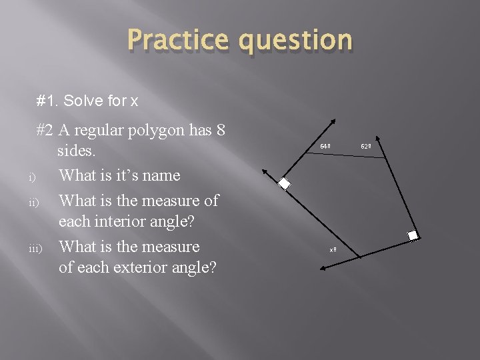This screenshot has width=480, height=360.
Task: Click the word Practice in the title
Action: [x=175, y=40]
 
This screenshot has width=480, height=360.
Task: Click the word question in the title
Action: [x=293, y=41]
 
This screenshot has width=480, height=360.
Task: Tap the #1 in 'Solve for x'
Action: [x=46, y=101]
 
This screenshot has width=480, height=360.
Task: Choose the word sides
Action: [x=78, y=151]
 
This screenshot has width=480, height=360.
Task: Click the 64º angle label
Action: [x=325, y=146]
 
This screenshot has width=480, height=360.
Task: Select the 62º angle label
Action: [x=366, y=146]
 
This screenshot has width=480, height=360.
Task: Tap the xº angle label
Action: [x=333, y=250]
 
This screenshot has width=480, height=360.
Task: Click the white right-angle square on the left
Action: [x=285, y=184]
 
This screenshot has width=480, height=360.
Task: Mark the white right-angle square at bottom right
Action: [x=413, y=235]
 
